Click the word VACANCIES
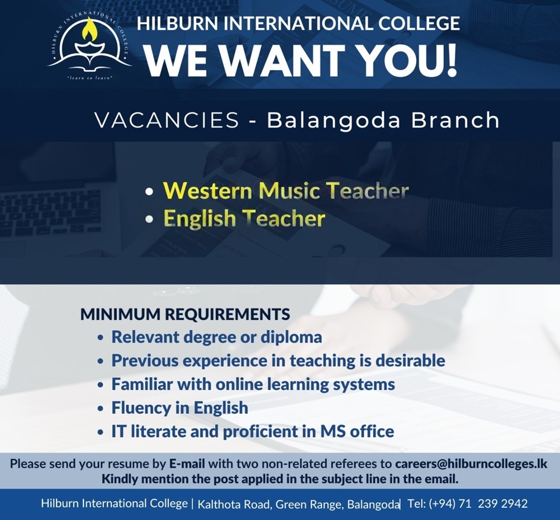(x=167, y=120)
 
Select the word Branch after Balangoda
(x=455, y=120)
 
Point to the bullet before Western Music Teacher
(x=150, y=191)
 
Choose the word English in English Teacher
(x=200, y=219)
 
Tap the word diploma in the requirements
(x=291, y=337)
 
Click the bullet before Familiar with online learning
(x=101, y=386)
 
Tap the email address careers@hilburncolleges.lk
(x=471, y=464)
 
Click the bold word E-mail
(x=187, y=464)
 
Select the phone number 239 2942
(x=502, y=504)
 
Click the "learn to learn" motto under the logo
(x=90, y=77)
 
